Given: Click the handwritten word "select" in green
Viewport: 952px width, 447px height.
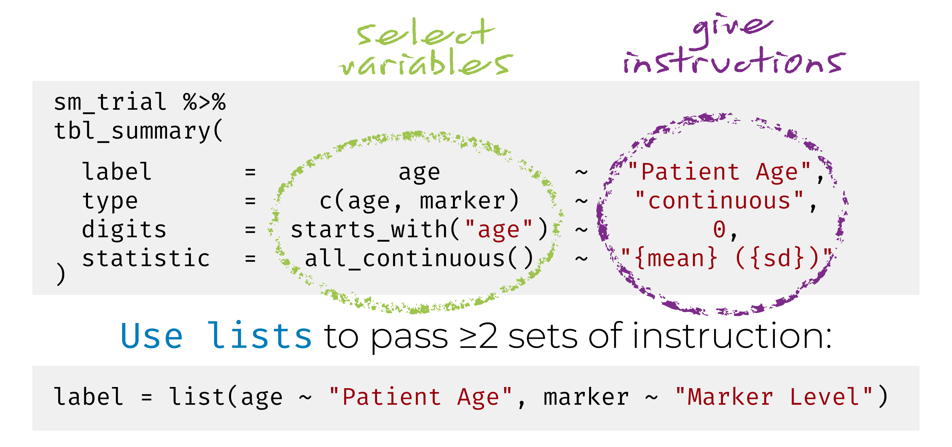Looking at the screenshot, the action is [425, 33].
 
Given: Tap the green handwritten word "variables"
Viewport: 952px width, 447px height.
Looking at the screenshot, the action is [425, 63].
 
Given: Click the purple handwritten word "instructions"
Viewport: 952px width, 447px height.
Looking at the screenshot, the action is [734, 61].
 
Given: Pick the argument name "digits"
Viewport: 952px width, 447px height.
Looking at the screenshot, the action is [124, 229].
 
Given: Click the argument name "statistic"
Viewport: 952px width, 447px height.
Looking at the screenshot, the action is [146, 258].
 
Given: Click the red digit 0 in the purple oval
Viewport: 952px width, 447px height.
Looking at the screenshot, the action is [719, 229].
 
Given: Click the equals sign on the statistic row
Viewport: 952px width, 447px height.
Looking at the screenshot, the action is [250, 258].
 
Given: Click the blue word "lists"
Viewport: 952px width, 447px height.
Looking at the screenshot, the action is [260, 335].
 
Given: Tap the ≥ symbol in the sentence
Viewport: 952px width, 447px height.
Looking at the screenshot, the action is [467, 337].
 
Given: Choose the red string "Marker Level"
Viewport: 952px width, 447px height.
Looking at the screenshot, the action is [773, 397].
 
